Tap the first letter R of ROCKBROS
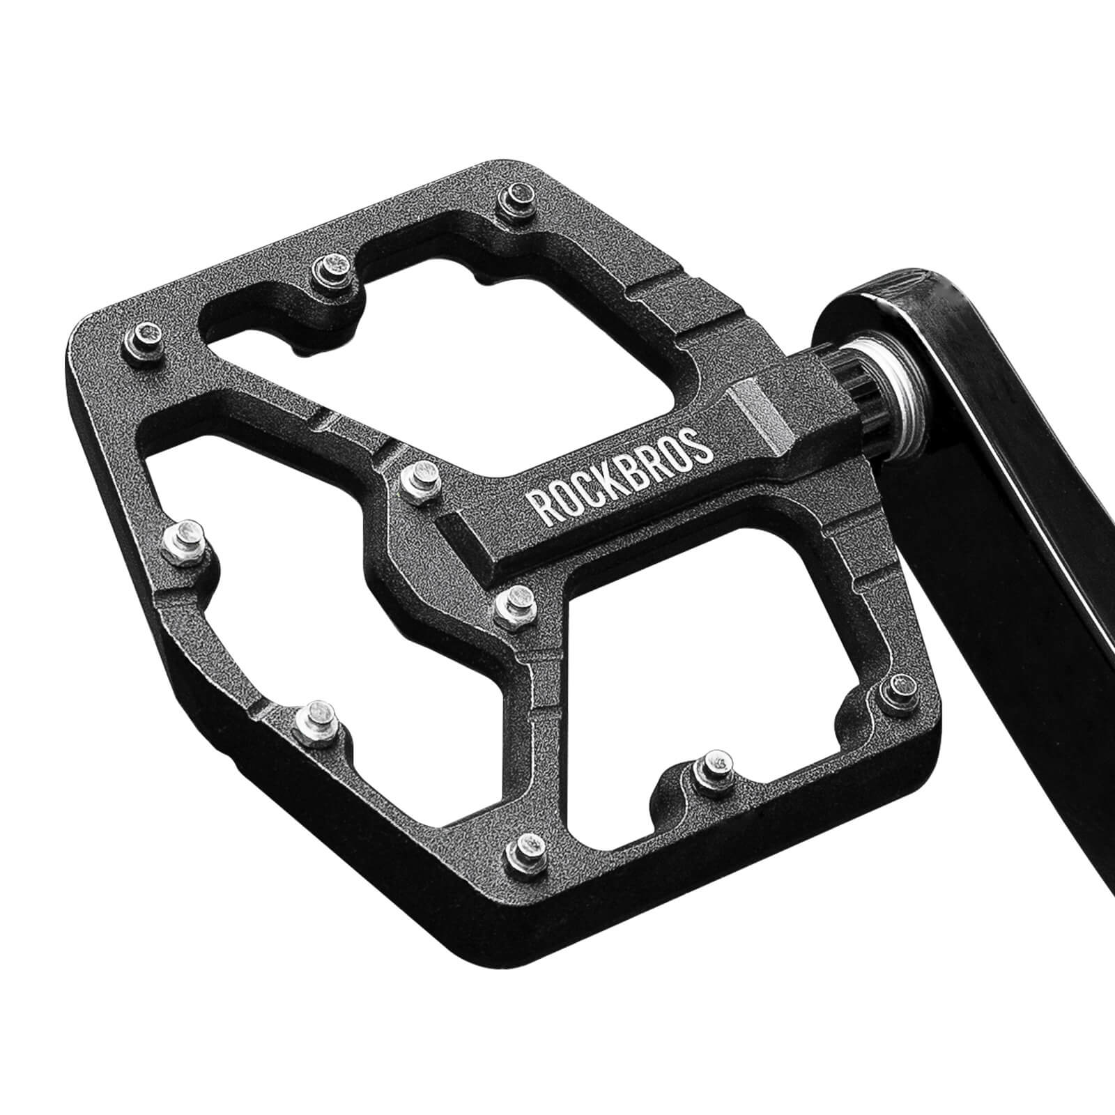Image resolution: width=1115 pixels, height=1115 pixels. tap(541, 507)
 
